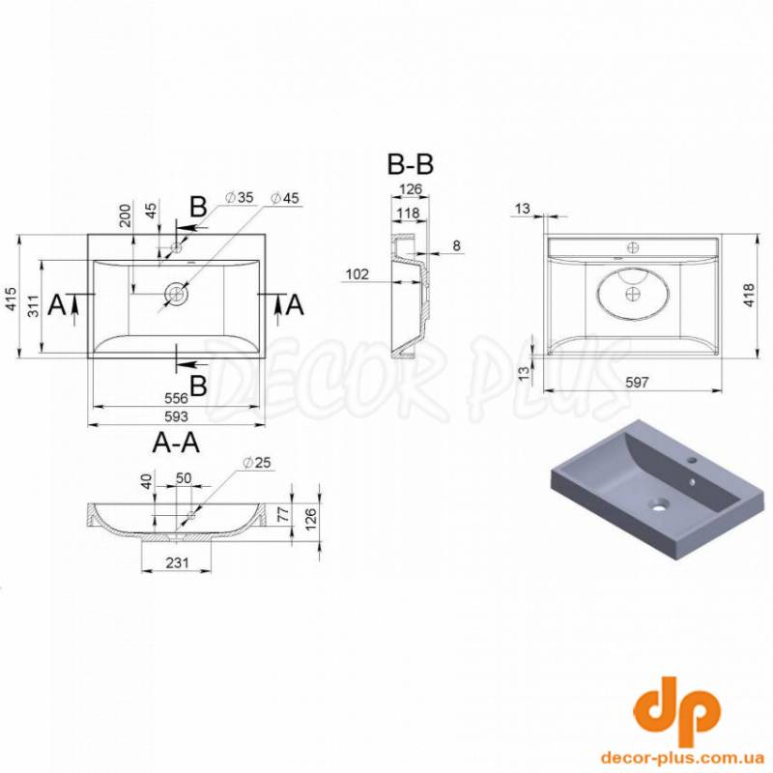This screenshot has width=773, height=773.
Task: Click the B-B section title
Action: tap(410, 164)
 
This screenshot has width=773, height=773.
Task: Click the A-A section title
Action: tap(176, 443)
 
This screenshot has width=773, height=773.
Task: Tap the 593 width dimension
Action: tap(176, 416)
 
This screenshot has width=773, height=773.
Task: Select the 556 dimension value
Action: tap(176, 398)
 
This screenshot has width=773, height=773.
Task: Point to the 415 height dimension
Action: tap(11, 300)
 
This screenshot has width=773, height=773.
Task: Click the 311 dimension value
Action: tap(33, 305)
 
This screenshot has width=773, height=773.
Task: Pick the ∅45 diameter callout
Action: tap(285, 198)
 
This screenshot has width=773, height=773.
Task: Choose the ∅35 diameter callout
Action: tap(239, 197)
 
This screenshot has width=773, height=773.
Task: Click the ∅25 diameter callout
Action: tap(257, 463)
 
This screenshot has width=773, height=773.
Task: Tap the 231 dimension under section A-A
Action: tap(177, 562)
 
